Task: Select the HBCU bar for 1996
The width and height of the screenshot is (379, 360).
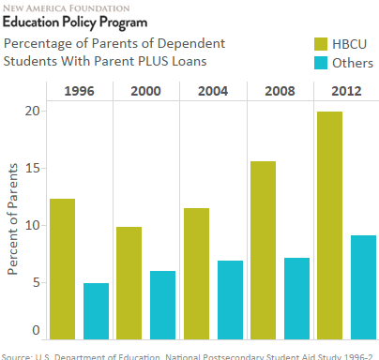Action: (x=62, y=268)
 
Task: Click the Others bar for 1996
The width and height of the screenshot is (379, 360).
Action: (x=97, y=310)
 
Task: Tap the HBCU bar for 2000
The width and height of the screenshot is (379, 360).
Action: (x=129, y=282)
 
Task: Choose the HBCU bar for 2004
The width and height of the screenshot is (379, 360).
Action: (x=195, y=273)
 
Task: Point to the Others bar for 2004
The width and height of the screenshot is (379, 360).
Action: (x=229, y=299)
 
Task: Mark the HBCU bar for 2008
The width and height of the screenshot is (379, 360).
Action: (x=262, y=249)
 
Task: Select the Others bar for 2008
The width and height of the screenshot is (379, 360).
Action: (x=296, y=298)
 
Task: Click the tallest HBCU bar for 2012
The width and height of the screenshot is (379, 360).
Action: (x=328, y=225)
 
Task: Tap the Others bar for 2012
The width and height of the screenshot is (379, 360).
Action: (x=362, y=287)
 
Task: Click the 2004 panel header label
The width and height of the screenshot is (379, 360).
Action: (x=212, y=91)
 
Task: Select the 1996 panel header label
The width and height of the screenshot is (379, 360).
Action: (x=79, y=91)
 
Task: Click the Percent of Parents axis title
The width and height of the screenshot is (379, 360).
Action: (x=14, y=221)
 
